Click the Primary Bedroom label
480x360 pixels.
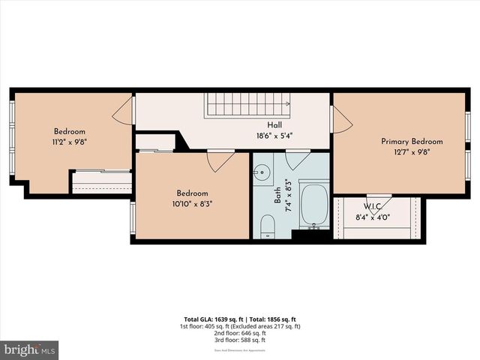point(412,141)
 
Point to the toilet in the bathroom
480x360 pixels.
point(268,226)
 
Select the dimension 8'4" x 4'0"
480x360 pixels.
point(373,218)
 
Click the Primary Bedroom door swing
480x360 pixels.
point(341,119)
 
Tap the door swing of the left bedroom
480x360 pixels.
point(123,111)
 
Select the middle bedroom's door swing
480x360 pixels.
point(220,160)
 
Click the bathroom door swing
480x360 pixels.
point(297,159)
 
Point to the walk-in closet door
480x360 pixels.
point(378,203)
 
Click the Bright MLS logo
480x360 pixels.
point(29,350)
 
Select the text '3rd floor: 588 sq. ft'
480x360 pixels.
point(239,340)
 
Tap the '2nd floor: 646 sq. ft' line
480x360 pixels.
point(239,333)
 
